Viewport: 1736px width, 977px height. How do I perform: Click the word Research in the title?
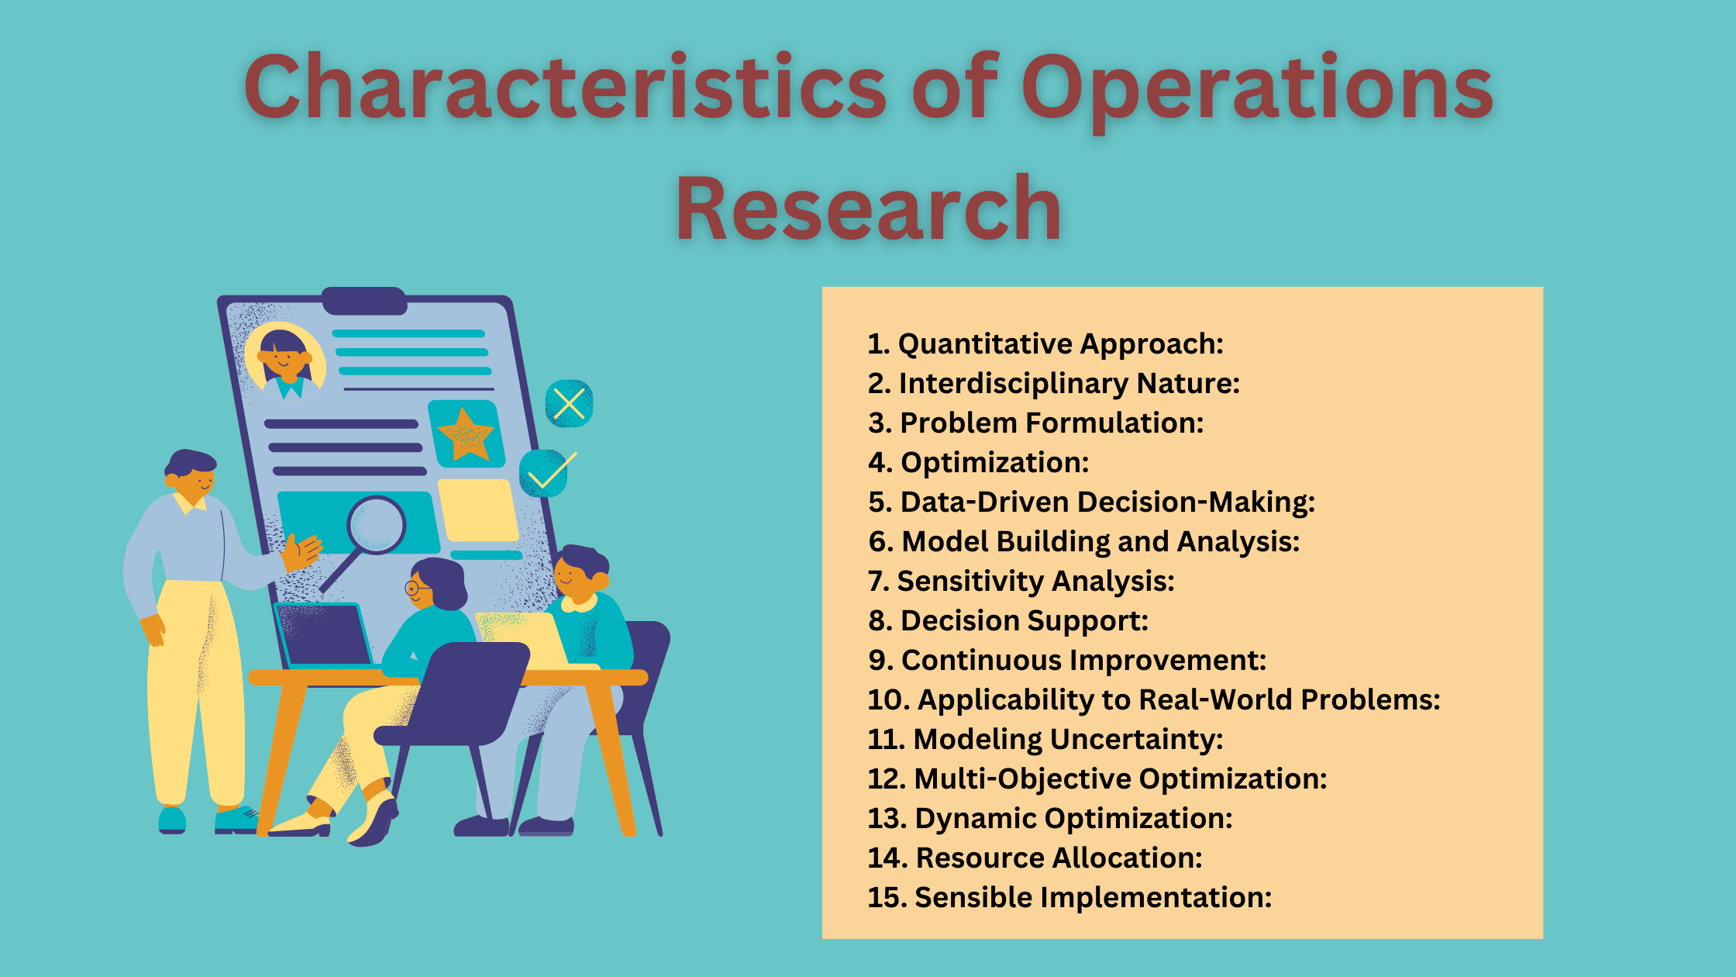pos(868,208)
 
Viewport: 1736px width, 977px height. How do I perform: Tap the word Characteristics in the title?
pos(565,86)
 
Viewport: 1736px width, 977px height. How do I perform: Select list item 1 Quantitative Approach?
pos(1045,344)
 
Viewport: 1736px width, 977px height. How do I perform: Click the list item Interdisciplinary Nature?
pos(1054,384)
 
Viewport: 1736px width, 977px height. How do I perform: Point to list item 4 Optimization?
pos(979,463)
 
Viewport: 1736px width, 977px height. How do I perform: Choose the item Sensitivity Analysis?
pos(1021,581)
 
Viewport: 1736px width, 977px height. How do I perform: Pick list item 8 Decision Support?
pos(1008,620)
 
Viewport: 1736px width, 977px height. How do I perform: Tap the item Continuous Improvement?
pos(1067,660)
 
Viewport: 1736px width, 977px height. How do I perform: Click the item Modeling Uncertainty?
pos(1045,739)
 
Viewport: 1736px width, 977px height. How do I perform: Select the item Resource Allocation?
pos(1035,858)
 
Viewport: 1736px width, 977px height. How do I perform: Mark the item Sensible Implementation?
pos(1070,897)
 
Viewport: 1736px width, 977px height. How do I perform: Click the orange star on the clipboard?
pos(465,433)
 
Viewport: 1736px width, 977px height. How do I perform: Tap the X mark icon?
pos(570,403)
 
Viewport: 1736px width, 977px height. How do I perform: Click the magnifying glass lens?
pos(376,525)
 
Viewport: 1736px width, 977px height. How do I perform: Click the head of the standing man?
pos(191,476)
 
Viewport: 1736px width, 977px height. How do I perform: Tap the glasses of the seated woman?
pos(417,589)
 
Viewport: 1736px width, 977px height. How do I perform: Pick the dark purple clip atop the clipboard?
pos(364,300)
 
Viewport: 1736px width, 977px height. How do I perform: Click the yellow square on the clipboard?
pos(477,509)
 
